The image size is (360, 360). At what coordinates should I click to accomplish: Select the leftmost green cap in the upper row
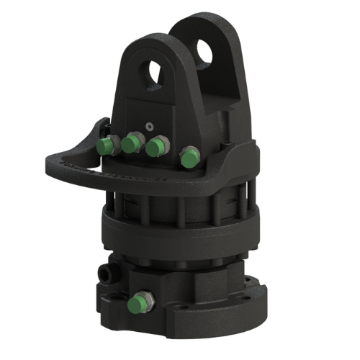tap(106, 147)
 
